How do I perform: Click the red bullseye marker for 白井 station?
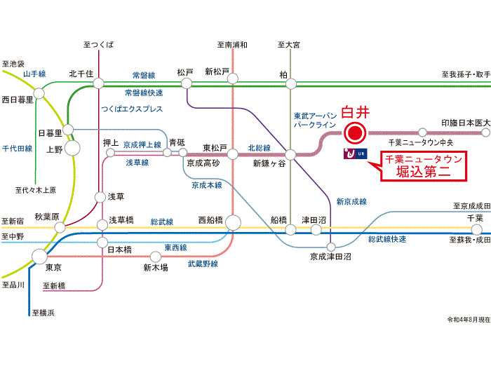click(x=355, y=133)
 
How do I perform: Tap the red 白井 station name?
click(x=356, y=112)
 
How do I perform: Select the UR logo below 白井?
click(x=355, y=154)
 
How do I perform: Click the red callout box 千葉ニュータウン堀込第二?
click(x=424, y=167)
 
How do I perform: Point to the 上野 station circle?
click(x=72, y=148)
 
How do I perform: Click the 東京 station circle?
click(x=40, y=257)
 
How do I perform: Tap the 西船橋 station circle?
click(x=233, y=223)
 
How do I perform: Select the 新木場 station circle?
click(x=155, y=257)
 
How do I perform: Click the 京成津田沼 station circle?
click(x=331, y=247)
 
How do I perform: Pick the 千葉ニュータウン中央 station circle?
click(x=422, y=132)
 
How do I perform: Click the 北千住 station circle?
click(x=98, y=83)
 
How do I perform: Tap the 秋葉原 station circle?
click(x=60, y=228)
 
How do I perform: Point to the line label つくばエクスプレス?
click(x=132, y=109)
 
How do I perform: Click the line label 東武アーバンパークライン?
click(x=315, y=121)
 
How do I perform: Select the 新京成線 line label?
click(x=351, y=202)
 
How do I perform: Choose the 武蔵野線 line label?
click(x=203, y=264)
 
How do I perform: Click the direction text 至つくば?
click(x=98, y=44)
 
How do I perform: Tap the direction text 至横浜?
click(x=43, y=313)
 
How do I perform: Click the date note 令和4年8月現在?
click(x=469, y=320)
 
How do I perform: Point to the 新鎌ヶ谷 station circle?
click(x=290, y=154)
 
